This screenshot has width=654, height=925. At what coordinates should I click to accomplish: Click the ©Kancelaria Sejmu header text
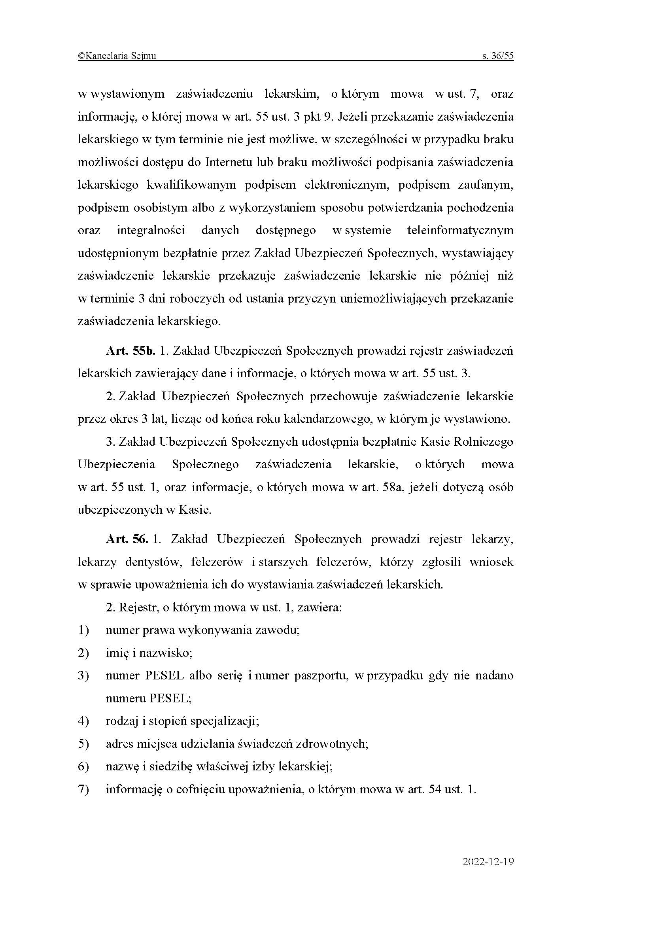[117, 56]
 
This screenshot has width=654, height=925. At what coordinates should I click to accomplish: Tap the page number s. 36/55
[498, 56]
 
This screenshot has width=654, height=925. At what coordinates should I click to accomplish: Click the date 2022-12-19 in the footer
[488, 861]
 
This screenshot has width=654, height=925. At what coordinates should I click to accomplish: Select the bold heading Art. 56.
[127, 539]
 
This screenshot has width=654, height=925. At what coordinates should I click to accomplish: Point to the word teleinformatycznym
[460, 231]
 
